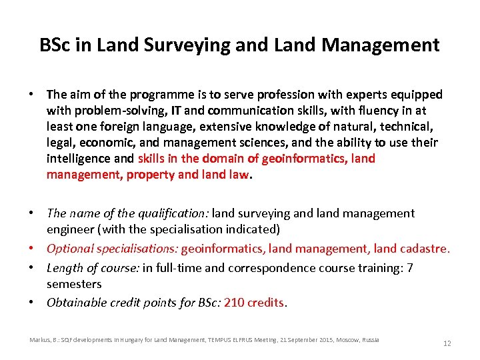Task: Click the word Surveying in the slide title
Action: (x=169, y=45)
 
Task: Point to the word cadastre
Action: (x=425, y=249)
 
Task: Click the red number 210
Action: (x=235, y=303)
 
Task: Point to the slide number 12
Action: (x=447, y=343)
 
